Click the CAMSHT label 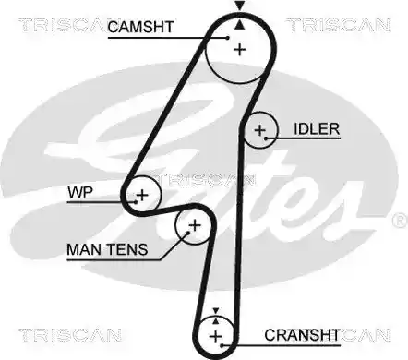click(141, 27)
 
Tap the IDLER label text click(317, 129)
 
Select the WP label click(80, 193)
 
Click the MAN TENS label click(107, 249)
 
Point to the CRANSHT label click(302, 335)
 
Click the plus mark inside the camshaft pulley click(240, 50)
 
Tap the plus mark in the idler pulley click(260, 130)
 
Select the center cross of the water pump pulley click(142, 195)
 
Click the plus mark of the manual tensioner click(195, 226)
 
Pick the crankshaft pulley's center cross click(215, 336)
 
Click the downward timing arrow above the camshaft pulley click(240, 6)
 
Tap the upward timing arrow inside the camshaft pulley click(240, 25)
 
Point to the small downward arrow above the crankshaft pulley click(216, 310)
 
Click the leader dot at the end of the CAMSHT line click(228, 38)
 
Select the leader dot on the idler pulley click(266, 138)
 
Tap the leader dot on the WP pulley click(136, 202)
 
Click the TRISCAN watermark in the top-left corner click(63, 25)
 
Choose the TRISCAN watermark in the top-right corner click(339, 25)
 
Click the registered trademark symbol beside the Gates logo click(401, 221)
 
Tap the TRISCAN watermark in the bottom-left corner click(70, 335)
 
